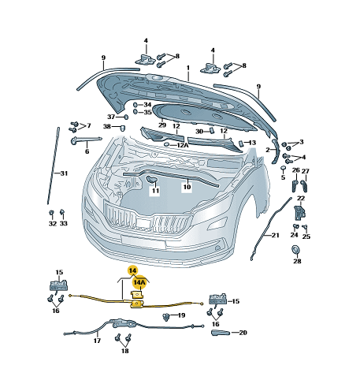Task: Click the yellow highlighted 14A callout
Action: coord(139,282)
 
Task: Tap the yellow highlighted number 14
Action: coord(133,270)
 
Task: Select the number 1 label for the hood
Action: coord(188,68)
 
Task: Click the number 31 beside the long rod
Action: coord(64,173)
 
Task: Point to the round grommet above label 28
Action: coord(296,250)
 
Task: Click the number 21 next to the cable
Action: coord(275,235)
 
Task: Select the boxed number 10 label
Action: coord(187,187)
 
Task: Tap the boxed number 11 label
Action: coord(155,191)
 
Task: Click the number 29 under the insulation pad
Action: coord(162,125)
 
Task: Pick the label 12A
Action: coord(183,145)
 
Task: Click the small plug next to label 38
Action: coord(122,129)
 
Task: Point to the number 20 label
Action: coord(243,333)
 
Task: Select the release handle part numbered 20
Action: coord(220,333)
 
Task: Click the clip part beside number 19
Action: coord(165,317)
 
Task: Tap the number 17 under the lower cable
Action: coord(97,341)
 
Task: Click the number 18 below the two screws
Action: coord(125,351)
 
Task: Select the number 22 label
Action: coord(301,198)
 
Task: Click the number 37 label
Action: coord(111,117)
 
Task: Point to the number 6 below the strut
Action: coord(87,151)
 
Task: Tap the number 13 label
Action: coord(252,143)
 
